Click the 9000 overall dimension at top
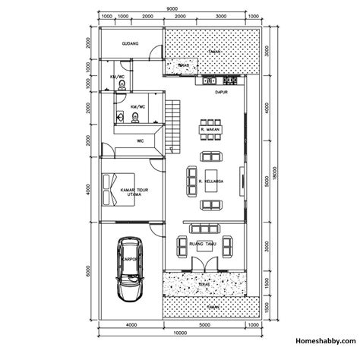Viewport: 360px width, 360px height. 175,8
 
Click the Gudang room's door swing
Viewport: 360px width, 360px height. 156,53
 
